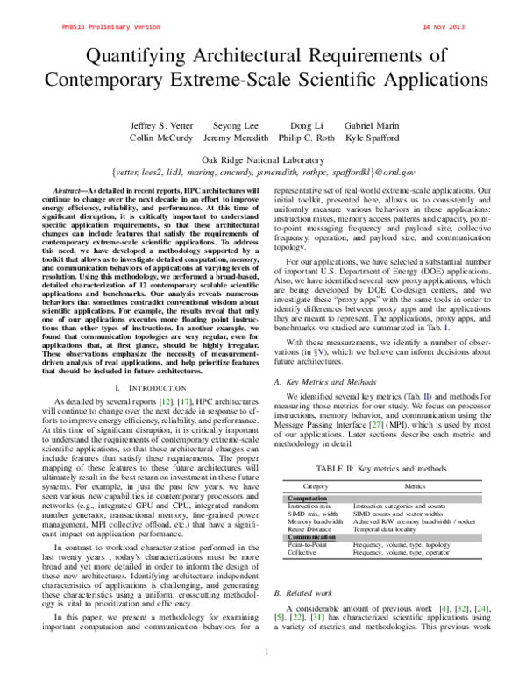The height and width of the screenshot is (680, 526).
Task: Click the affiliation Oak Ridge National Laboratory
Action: (x=263, y=159)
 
